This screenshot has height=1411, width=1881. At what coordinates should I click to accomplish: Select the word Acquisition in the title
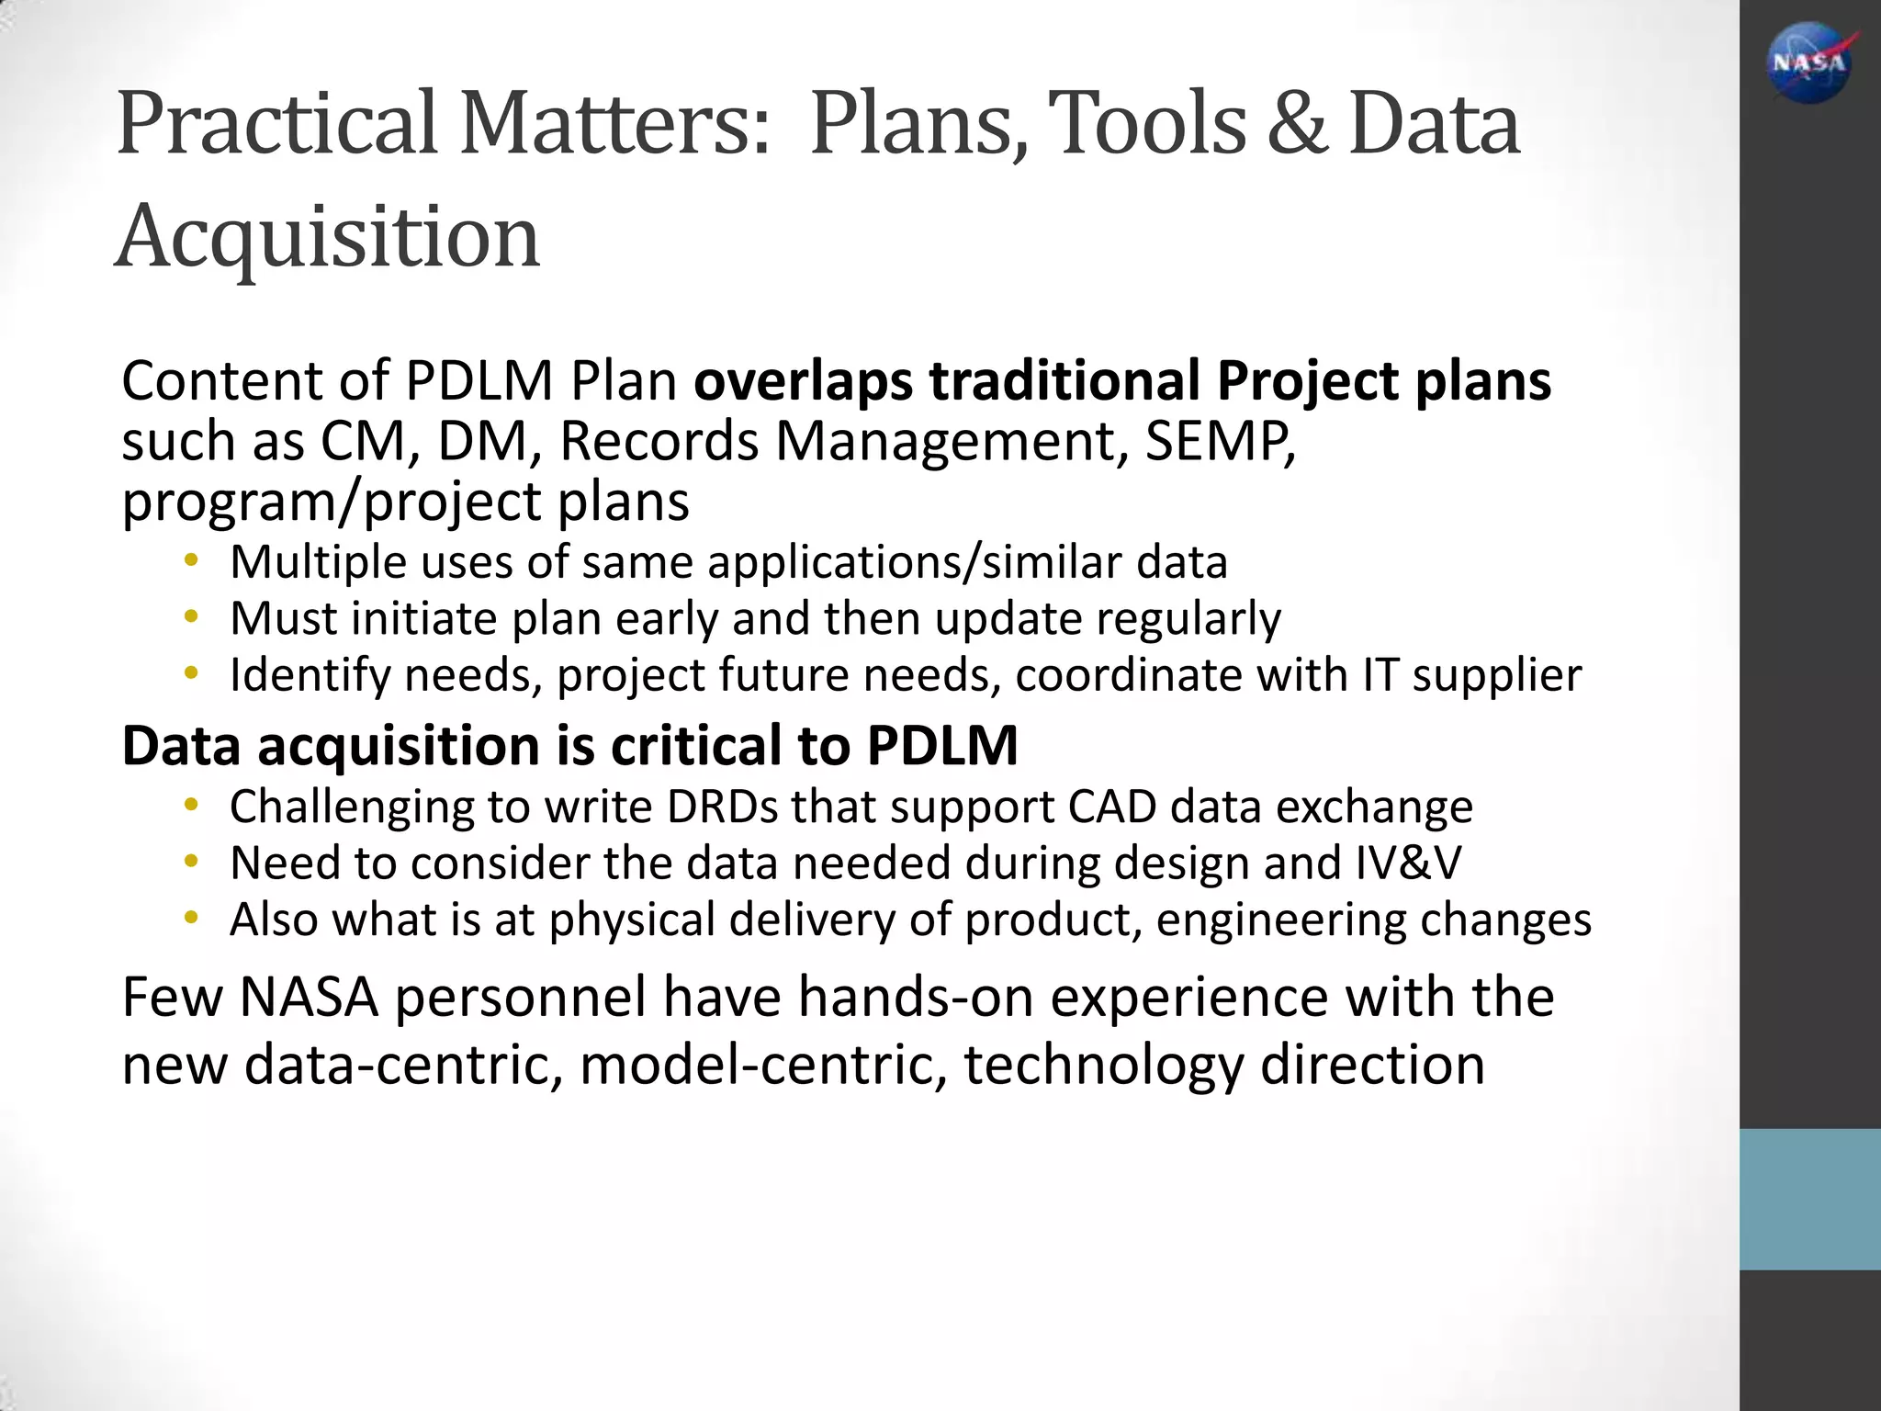[x=328, y=237]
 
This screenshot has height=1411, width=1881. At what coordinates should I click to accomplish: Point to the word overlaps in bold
[x=804, y=380]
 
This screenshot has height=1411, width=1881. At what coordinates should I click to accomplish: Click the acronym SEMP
[x=1221, y=441]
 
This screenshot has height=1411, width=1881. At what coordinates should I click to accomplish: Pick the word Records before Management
[x=659, y=441]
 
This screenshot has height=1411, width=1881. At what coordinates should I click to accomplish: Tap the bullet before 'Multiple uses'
[x=190, y=560]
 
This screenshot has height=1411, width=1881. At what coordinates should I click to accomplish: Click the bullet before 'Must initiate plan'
[x=190, y=617]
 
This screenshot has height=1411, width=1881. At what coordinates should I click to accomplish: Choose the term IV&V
[x=1408, y=864]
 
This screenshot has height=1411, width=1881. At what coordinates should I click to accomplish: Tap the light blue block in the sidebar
[x=1809, y=1199]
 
